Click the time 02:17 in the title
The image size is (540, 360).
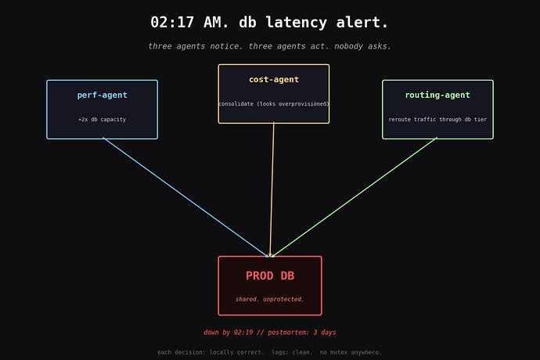click(172, 23)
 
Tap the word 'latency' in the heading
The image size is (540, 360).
click(296, 23)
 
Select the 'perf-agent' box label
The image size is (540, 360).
click(103, 95)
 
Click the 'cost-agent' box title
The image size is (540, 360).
click(274, 80)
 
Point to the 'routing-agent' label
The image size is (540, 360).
click(437, 95)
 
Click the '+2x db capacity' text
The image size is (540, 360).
click(103, 120)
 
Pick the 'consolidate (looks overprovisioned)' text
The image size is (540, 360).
click(274, 103)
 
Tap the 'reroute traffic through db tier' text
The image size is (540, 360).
click(437, 120)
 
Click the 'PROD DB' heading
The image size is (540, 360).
click(270, 275)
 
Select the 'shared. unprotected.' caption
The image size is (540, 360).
click(270, 299)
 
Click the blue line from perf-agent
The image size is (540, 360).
click(185, 197)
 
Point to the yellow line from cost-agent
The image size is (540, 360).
click(272, 189)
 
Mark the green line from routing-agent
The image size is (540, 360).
click(355, 197)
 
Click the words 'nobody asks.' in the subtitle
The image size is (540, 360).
click(362, 46)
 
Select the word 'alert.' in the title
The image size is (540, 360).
click(362, 23)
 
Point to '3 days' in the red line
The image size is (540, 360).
click(325, 333)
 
